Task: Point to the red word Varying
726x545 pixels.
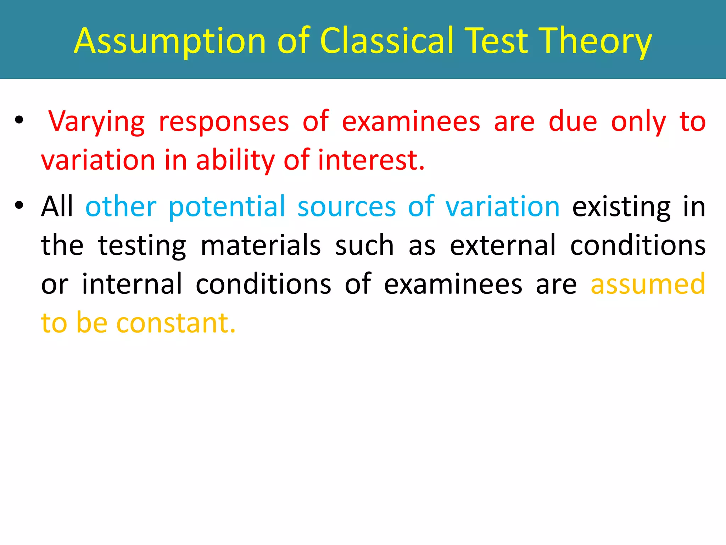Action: coord(96,122)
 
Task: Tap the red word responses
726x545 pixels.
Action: coord(224,122)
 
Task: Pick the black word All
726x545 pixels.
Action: coord(57,206)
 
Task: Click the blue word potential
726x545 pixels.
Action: coord(227,207)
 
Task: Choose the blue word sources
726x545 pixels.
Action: coord(346,207)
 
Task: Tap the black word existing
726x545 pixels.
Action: coord(621,207)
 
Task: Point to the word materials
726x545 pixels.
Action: coord(261,246)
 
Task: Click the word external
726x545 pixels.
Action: coord(502,246)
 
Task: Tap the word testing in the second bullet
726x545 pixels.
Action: coord(142,246)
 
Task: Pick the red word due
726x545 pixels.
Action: coord(573,122)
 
